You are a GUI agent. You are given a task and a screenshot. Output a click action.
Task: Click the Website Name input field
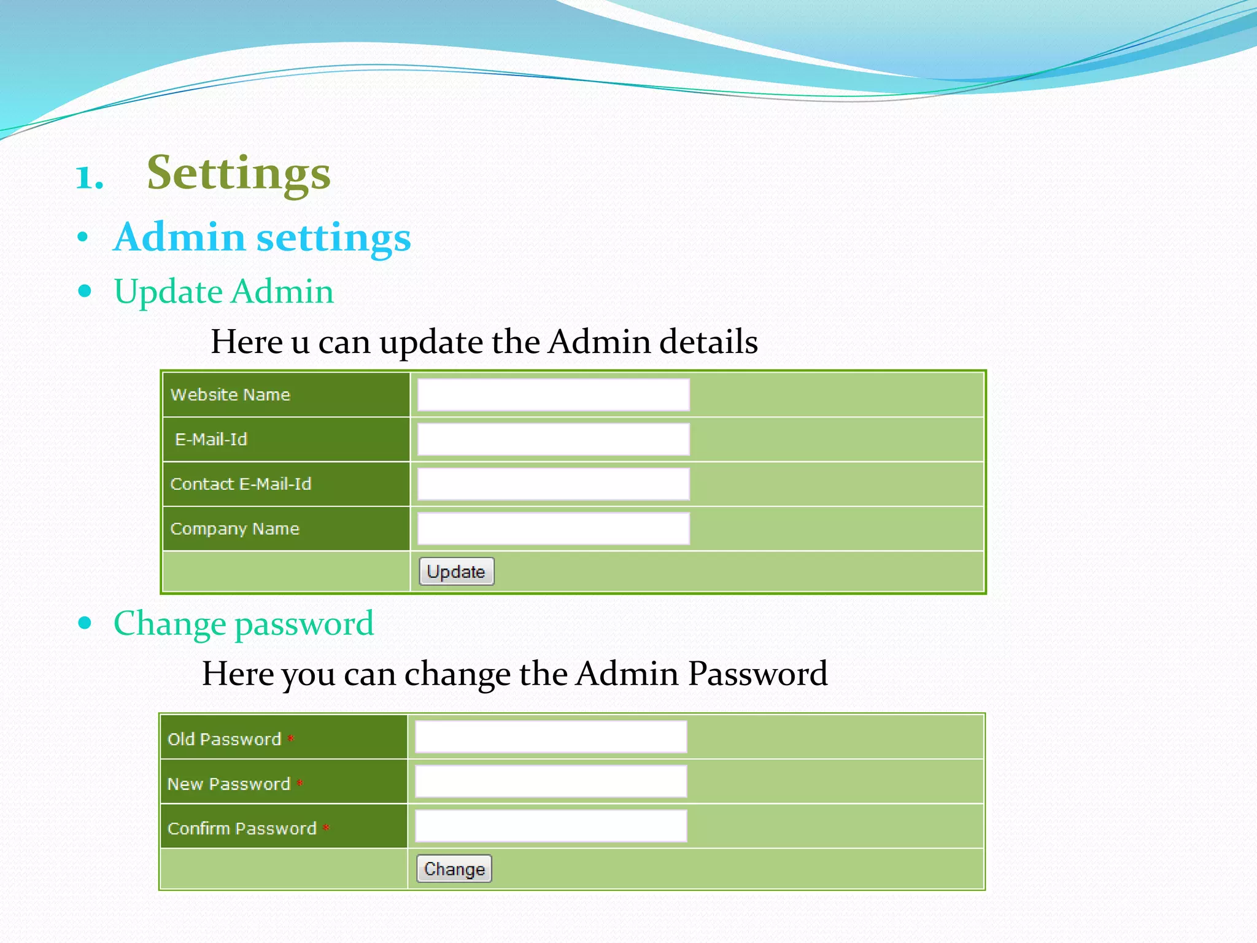point(553,395)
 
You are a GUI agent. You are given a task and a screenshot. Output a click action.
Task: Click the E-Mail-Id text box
point(553,440)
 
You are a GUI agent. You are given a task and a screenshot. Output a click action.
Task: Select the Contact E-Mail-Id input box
point(553,484)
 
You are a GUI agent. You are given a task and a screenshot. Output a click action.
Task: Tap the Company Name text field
point(553,529)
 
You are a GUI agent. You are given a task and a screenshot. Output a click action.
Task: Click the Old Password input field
point(551,737)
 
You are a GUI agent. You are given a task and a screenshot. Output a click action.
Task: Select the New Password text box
point(551,782)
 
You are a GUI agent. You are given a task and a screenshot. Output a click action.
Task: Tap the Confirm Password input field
point(551,826)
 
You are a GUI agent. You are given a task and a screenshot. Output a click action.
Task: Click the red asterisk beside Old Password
point(291,738)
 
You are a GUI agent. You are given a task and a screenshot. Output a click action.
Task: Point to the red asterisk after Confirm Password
point(326,828)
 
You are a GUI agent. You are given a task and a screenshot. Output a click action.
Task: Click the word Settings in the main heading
point(239,174)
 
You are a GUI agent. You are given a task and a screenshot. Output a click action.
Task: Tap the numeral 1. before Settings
point(89,177)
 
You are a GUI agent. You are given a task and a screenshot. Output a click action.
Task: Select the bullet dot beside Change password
point(85,623)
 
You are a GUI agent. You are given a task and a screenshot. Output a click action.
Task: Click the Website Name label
point(230,395)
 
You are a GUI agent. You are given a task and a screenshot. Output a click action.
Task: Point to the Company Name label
point(235,529)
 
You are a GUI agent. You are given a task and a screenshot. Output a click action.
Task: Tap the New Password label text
point(229,784)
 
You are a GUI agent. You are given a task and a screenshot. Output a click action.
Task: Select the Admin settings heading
point(262,238)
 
